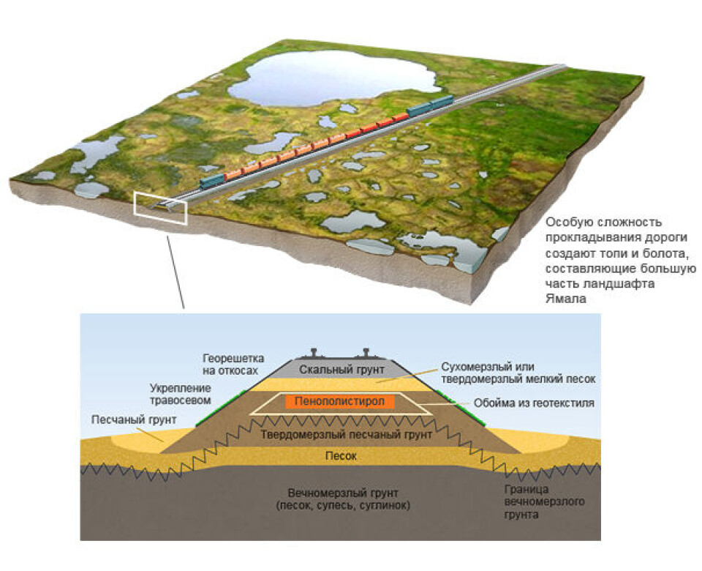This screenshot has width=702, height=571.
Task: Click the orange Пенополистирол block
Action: (340, 401)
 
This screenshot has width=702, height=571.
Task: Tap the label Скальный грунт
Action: (341, 370)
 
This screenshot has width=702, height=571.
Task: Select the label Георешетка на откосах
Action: (233, 365)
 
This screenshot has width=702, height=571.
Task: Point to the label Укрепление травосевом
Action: (180, 394)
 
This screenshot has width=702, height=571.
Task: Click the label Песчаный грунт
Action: (133, 420)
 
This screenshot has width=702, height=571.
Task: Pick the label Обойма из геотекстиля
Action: (534, 403)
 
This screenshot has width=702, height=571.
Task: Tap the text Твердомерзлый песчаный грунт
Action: (347, 434)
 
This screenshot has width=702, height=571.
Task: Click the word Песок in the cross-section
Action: (341, 456)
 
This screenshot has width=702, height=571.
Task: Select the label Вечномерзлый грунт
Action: (343, 493)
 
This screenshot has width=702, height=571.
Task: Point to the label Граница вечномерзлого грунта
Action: (544, 502)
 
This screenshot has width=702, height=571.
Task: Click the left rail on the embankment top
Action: (314, 353)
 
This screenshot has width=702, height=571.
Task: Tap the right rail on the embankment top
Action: (366, 353)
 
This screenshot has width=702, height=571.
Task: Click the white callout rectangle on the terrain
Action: (161, 208)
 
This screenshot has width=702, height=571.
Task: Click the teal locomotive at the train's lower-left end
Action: (212, 182)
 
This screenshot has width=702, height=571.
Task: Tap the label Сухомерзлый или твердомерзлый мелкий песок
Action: (518, 373)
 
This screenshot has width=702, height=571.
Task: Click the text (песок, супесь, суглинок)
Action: (343, 506)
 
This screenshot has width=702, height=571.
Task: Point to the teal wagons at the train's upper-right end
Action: (430, 105)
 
